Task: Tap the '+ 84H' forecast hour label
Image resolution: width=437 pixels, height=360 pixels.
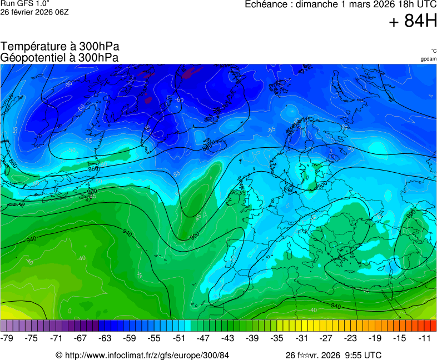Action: click(x=413, y=22)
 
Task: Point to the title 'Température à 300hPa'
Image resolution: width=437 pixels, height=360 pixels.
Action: click(x=60, y=47)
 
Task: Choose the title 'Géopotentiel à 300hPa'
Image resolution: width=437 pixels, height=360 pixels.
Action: click(x=60, y=57)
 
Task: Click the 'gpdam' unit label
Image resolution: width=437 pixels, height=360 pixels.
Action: click(x=428, y=59)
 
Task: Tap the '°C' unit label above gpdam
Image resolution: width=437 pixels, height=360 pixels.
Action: click(x=433, y=51)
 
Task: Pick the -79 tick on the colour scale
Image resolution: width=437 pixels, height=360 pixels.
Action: click(x=8, y=338)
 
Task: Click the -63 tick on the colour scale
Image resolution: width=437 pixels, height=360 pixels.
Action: click(x=106, y=338)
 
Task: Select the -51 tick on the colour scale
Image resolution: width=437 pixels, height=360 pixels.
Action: click(x=179, y=338)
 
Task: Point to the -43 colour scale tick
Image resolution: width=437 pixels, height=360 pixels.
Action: click(x=228, y=338)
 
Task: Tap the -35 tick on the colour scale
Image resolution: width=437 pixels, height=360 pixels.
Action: click(x=277, y=338)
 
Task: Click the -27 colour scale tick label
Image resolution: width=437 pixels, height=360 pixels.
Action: click(x=326, y=338)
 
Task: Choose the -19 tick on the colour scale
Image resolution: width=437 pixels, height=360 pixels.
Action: click(x=375, y=338)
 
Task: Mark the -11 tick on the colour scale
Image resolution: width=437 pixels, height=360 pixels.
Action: click(x=424, y=338)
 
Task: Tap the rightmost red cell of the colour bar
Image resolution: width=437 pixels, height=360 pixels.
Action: click(x=433, y=326)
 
